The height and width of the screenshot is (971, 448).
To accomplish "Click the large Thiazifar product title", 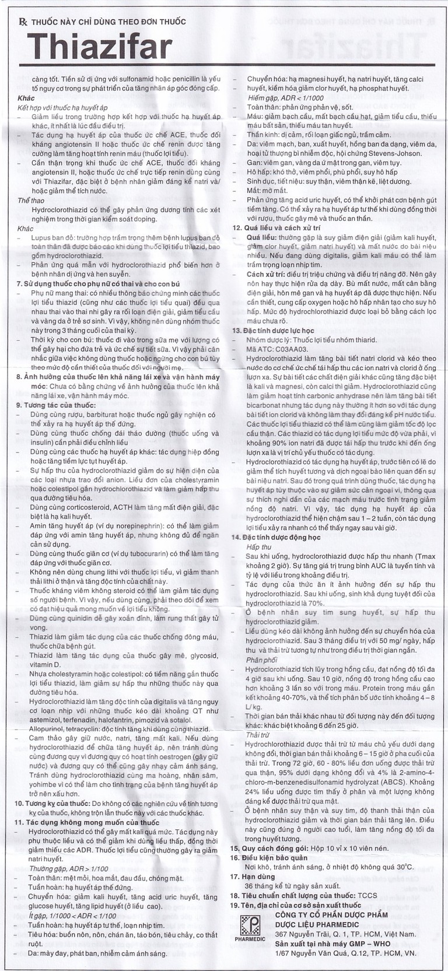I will (x=100, y=47).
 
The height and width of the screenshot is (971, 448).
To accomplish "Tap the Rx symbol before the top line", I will (x=23, y=22).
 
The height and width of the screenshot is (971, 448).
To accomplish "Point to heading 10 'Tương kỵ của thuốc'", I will (x=59, y=803).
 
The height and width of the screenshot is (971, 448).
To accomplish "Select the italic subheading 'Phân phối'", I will (x=261, y=660).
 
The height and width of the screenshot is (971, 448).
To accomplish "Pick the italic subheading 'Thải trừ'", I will (x=258, y=734).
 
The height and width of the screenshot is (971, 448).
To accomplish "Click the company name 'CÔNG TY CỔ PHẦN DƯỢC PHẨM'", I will (x=331, y=915).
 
